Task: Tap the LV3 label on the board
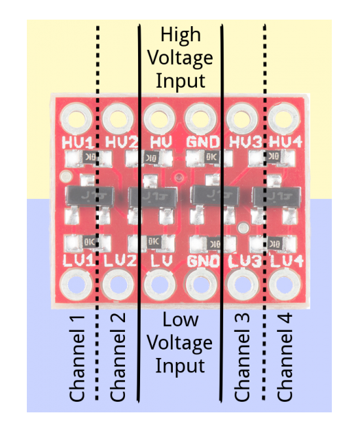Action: point(242,261)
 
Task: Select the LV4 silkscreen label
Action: point(283,261)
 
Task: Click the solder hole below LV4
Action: point(283,285)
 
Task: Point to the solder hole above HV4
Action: point(283,118)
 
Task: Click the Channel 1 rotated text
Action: point(78,357)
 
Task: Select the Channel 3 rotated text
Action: point(243,357)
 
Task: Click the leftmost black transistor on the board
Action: point(88,194)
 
